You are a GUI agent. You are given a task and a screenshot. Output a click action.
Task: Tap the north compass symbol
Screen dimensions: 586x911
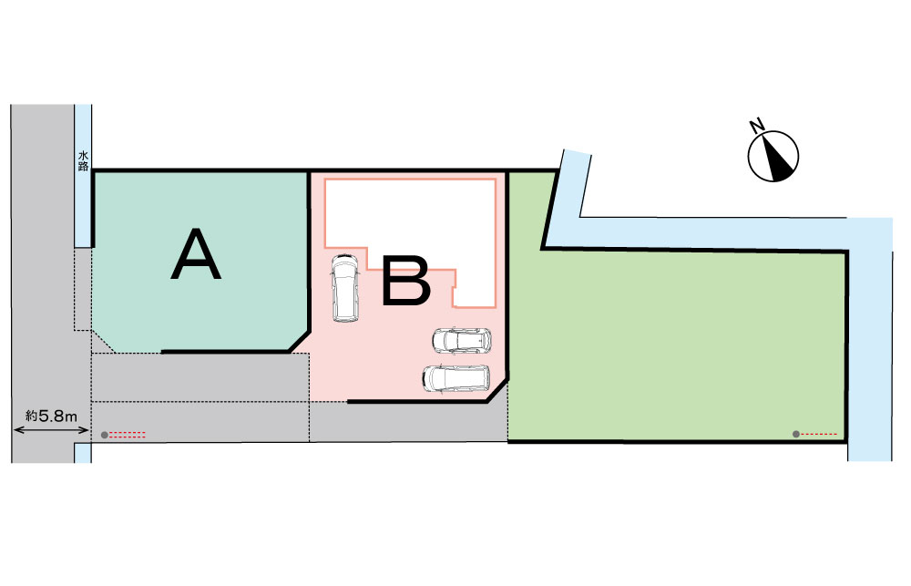(773, 156)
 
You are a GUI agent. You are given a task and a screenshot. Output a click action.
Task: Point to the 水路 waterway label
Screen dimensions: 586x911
(83, 161)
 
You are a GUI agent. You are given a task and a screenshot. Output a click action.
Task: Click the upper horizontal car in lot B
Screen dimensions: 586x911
(462, 341)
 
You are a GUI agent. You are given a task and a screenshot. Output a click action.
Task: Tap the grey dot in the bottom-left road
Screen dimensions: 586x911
(105, 435)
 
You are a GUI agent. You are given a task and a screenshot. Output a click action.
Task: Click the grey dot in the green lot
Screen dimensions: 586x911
(796, 434)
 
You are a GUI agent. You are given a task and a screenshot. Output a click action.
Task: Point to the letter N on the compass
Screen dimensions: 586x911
(755, 125)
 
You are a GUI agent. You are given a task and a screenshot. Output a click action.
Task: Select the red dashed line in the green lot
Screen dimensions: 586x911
(820, 434)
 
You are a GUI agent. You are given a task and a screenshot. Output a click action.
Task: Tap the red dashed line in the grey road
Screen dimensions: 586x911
(128, 434)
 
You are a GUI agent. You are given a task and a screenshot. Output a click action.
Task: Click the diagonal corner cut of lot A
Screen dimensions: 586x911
(299, 341)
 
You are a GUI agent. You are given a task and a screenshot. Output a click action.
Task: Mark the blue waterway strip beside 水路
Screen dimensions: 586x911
(83, 210)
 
